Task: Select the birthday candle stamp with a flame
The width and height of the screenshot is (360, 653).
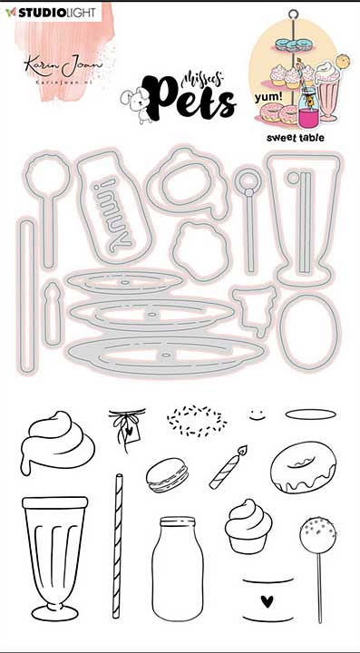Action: coord(229,467)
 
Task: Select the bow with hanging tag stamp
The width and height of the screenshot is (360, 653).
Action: coord(125,425)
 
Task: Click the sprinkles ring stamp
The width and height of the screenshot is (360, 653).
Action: coord(195,418)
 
